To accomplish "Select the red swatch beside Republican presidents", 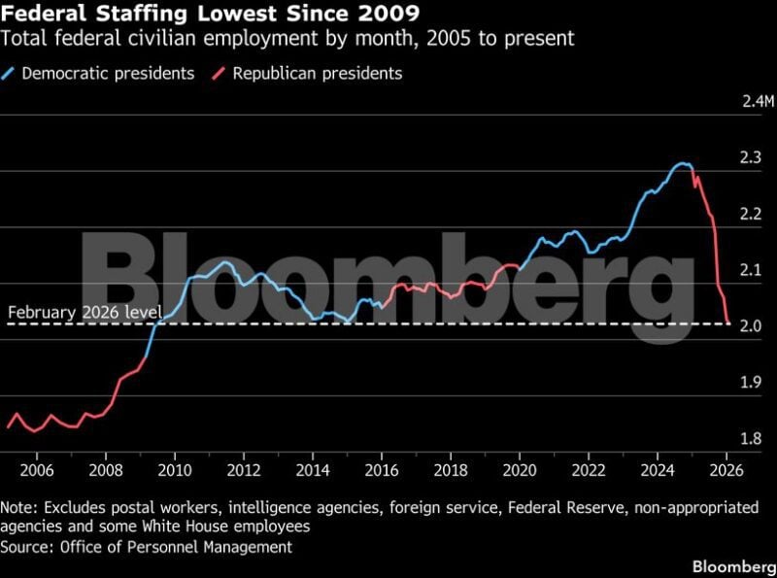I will click(x=220, y=73).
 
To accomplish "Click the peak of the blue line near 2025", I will click(x=684, y=163).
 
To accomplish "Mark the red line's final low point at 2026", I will click(x=728, y=323).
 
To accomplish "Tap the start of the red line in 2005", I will click(x=8, y=426).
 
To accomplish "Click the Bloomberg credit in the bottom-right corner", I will click(x=729, y=564).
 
